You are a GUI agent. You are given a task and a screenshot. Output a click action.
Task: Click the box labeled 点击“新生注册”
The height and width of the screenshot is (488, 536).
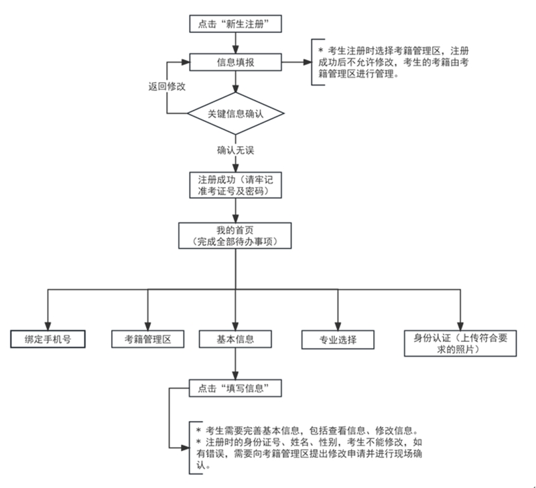[234, 25]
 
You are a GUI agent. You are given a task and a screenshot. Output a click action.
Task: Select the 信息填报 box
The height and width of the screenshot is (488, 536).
[234, 62]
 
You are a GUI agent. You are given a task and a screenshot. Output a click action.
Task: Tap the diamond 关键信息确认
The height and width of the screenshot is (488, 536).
[235, 113]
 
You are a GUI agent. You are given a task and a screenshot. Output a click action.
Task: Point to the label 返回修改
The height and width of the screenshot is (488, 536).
[167, 86]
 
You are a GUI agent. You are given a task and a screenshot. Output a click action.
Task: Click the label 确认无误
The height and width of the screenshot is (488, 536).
[235, 149]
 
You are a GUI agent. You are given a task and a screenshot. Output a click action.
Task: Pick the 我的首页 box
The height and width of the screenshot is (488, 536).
[234, 235]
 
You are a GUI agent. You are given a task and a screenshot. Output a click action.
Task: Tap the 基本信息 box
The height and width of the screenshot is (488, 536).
[235, 339]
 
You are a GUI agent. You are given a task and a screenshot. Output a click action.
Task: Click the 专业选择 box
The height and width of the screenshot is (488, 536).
[338, 339]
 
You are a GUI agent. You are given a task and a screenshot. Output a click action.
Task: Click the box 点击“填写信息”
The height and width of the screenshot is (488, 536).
[234, 388]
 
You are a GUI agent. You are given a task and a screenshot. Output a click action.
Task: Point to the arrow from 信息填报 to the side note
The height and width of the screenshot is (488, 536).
[295, 62]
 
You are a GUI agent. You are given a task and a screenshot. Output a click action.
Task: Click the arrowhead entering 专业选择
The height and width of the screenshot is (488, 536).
[338, 324]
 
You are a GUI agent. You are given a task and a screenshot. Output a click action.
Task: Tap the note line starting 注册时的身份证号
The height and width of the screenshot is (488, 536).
[309, 450]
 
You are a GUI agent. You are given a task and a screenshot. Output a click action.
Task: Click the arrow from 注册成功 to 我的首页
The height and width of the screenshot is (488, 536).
[234, 210]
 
